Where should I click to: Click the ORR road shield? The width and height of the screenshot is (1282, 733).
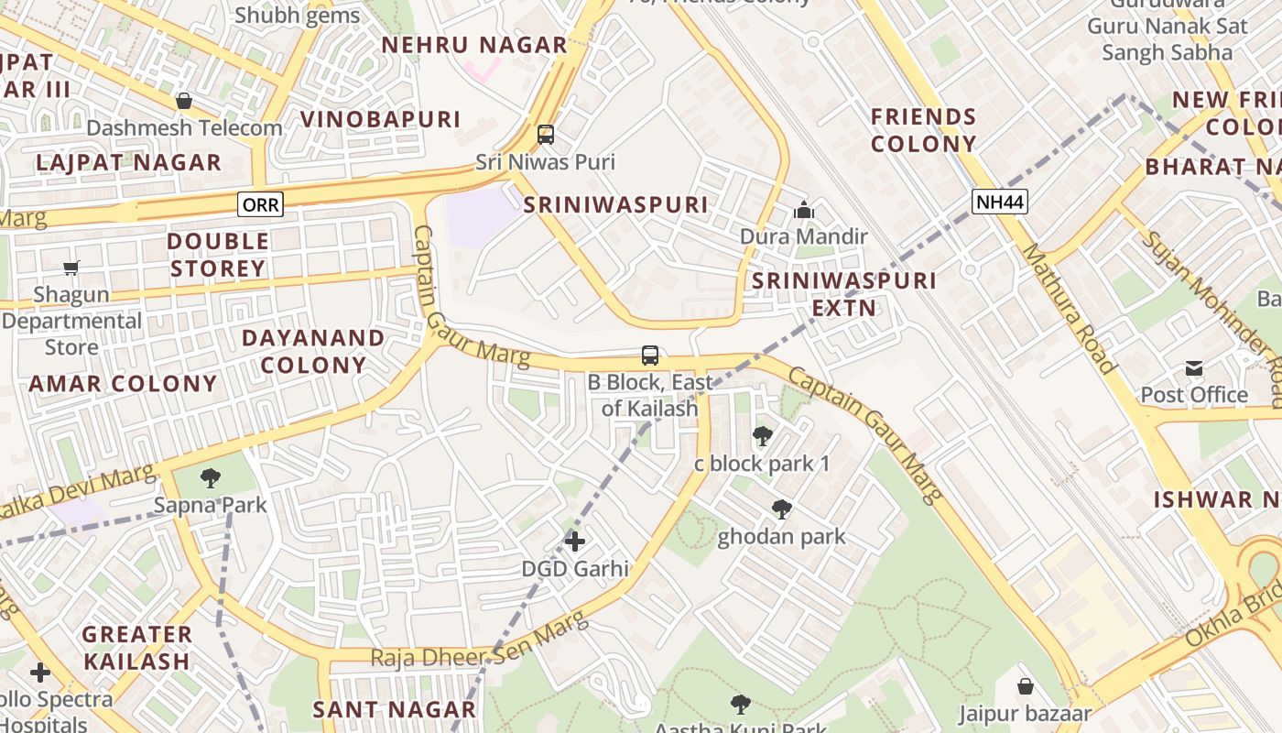point(260,204)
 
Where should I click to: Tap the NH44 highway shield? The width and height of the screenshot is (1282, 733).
point(1000,201)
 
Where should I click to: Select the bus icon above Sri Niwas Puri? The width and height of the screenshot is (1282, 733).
point(546,135)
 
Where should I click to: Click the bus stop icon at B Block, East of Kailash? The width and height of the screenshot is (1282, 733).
point(650,356)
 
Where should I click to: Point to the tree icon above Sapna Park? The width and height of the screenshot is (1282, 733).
point(211,477)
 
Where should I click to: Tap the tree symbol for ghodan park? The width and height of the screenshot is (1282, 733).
point(781,509)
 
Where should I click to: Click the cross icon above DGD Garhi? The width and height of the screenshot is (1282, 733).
point(575,542)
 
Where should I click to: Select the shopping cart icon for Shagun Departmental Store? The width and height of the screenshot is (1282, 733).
point(71,268)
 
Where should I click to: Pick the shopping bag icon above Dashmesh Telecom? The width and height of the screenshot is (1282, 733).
point(184,101)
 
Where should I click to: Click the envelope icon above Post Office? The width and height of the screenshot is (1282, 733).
point(1194,368)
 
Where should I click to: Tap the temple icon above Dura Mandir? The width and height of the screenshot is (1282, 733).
point(804,211)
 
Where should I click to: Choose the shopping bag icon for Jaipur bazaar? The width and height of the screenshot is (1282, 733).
point(1026,686)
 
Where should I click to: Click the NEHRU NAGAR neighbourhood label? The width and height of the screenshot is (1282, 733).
point(474,45)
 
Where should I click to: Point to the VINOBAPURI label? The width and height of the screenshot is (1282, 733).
point(380,119)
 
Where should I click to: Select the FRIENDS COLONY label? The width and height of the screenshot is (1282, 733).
point(923,130)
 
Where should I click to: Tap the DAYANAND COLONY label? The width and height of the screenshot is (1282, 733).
point(313,352)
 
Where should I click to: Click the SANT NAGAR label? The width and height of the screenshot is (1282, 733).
point(394,709)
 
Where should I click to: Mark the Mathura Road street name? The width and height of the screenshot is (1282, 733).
point(1069,308)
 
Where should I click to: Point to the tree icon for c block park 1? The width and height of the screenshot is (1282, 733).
point(762,436)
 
